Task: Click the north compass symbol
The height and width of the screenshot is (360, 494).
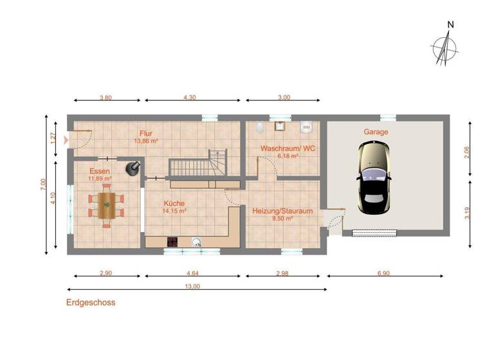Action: [x=444, y=48]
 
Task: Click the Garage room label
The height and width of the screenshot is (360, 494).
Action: [x=376, y=132]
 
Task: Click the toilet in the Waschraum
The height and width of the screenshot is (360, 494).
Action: [x=260, y=127]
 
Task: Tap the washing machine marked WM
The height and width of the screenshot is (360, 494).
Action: [x=306, y=127]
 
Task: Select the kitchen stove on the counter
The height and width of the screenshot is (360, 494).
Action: [x=172, y=242]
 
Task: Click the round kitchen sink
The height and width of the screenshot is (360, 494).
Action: [x=196, y=242]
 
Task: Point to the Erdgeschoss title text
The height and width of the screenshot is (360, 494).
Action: [x=91, y=302]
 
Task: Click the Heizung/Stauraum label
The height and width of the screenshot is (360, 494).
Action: [x=282, y=211]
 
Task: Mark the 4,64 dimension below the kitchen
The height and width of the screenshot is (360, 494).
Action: [x=192, y=273]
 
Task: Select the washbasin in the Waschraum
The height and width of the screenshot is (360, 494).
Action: [x=280, y=127]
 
